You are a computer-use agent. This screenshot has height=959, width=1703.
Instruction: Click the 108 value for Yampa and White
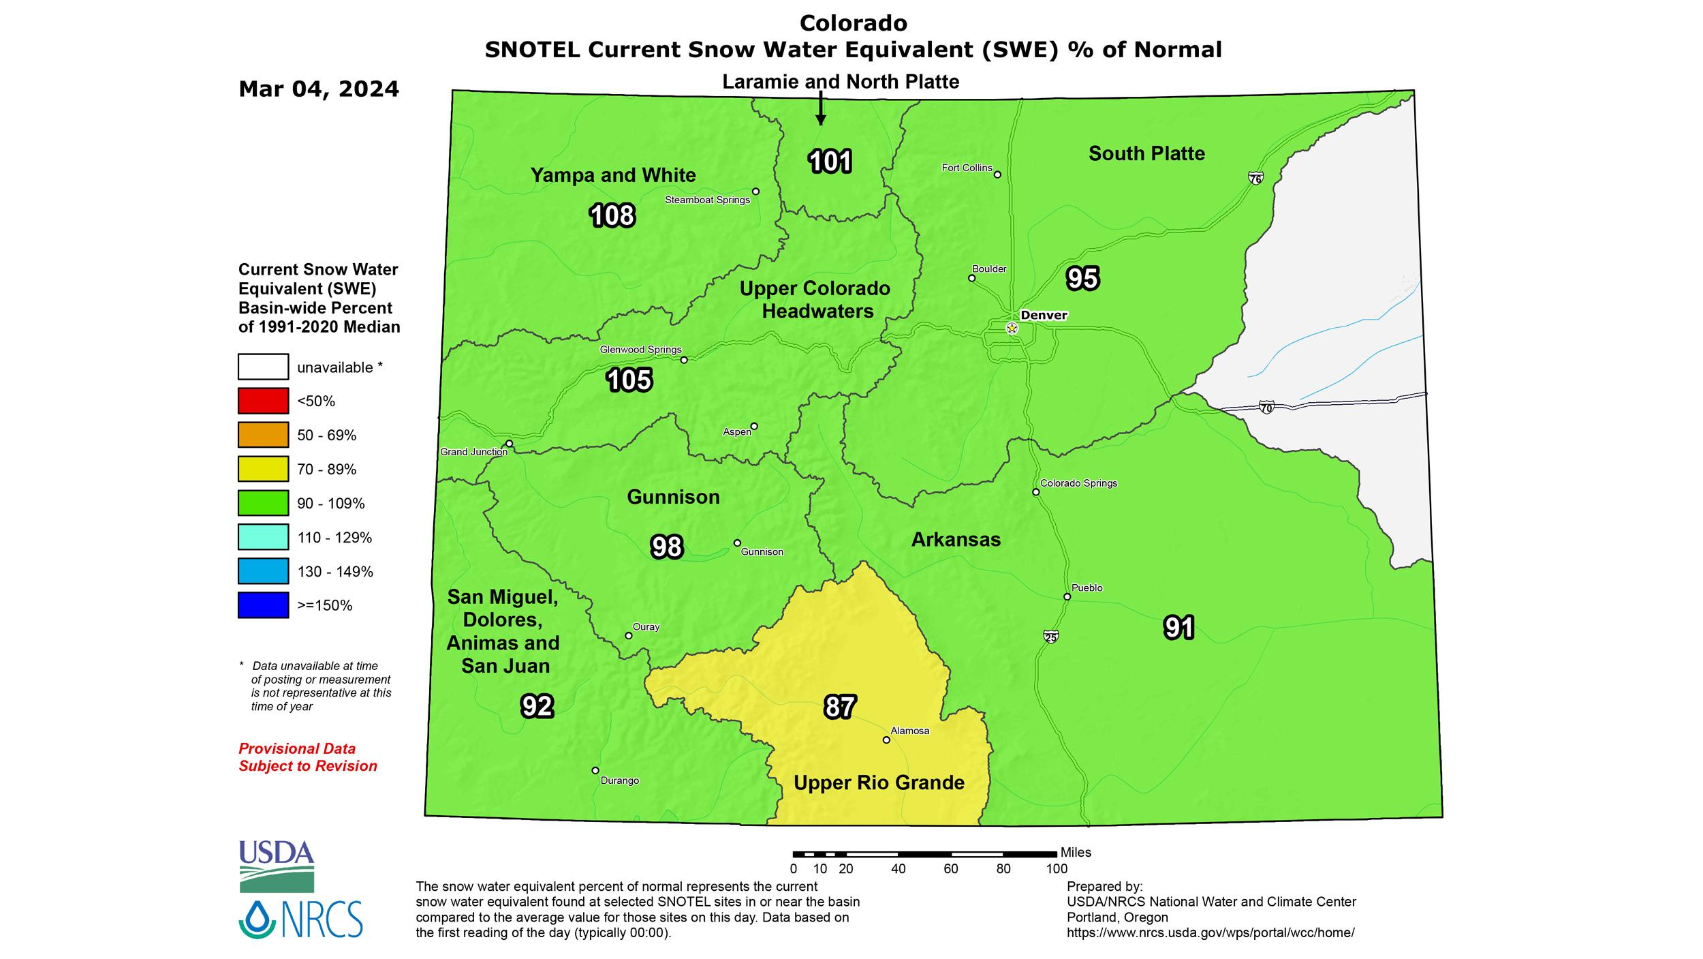tap(612, 215)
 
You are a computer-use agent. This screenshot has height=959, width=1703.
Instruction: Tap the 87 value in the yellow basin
tap(839, 707)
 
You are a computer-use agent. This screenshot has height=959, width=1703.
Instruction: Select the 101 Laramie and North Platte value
tap(830, 162)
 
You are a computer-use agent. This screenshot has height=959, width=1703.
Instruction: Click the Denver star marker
tap(1012, 329)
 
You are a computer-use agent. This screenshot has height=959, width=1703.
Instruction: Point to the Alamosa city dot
tap(886, 740)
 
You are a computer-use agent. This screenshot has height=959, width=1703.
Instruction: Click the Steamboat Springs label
tap(707, 200)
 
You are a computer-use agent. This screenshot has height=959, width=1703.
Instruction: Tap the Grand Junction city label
tap(473, 452)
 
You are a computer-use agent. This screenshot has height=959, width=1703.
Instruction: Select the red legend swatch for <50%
tap(263, 401)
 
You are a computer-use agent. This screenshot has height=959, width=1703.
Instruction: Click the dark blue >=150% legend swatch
tap(263, 605)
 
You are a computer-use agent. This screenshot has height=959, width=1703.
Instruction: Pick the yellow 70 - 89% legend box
tap(263, 469)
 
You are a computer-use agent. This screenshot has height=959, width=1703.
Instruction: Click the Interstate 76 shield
tap(1255, 179)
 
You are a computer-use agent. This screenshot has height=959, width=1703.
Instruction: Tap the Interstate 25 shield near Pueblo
tap(1050, 637)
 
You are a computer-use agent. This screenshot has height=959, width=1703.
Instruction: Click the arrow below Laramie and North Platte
tap(821, 109)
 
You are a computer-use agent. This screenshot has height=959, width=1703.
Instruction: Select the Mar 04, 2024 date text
tap(319, 89)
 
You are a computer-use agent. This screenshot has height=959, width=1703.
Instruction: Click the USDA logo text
tap(277, 852)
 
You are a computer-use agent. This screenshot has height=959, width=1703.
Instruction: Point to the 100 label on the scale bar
tap(1057, 869)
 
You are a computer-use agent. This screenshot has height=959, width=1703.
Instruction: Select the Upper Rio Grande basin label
tap(879, 782)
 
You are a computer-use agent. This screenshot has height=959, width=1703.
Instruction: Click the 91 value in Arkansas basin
tap(1179, 628)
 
